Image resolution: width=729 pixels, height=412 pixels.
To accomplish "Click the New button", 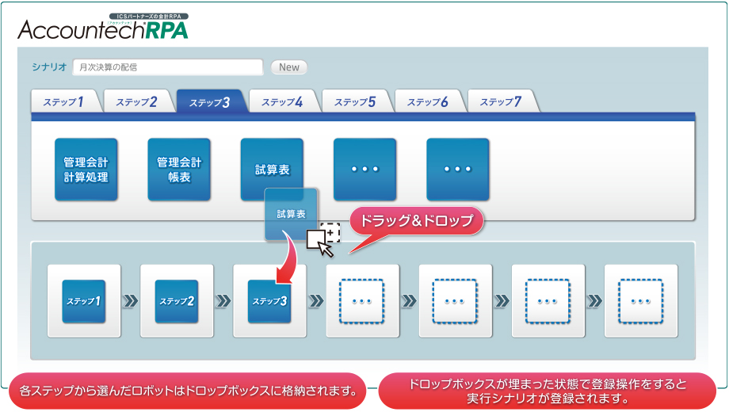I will [289, 67].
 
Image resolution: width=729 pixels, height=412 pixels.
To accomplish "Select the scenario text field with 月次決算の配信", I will [168, 67].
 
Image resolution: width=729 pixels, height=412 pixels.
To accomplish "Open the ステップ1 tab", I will [65, 102].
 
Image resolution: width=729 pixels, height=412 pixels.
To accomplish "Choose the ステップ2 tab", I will [137, 102].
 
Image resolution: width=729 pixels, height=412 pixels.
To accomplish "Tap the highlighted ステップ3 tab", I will [210, 102].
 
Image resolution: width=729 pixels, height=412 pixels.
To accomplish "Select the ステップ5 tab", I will [355, 102].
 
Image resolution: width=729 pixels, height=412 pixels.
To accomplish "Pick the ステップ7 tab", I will [501, 102].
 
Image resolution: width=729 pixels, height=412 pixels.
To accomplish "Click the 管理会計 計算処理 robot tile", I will [86, 170].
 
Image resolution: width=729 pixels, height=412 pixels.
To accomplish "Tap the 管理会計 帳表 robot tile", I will [179, 170].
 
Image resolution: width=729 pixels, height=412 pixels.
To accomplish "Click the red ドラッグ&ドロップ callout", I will [417, 222].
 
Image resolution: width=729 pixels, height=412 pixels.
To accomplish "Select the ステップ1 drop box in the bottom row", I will [84, 301].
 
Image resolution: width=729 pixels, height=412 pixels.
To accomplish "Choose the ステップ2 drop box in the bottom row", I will [177, 301].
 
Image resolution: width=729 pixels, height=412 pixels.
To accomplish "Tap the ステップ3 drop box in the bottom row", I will [269, 301].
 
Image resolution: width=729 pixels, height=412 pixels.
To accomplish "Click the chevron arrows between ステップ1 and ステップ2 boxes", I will [131, 301].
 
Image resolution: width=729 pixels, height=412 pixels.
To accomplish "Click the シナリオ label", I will [49, 67].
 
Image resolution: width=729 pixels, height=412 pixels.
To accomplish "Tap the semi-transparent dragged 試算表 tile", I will [291, 214].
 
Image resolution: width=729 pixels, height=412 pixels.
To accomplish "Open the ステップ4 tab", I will [282, 102].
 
